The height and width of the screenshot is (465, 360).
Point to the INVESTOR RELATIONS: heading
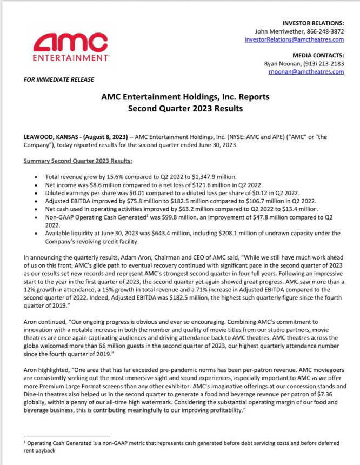coord(313,24)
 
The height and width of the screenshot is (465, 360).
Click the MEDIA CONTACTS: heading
coord(318,55)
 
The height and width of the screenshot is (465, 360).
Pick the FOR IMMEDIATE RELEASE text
coord(59,79)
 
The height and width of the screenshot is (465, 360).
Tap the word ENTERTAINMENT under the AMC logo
coord(69,56)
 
